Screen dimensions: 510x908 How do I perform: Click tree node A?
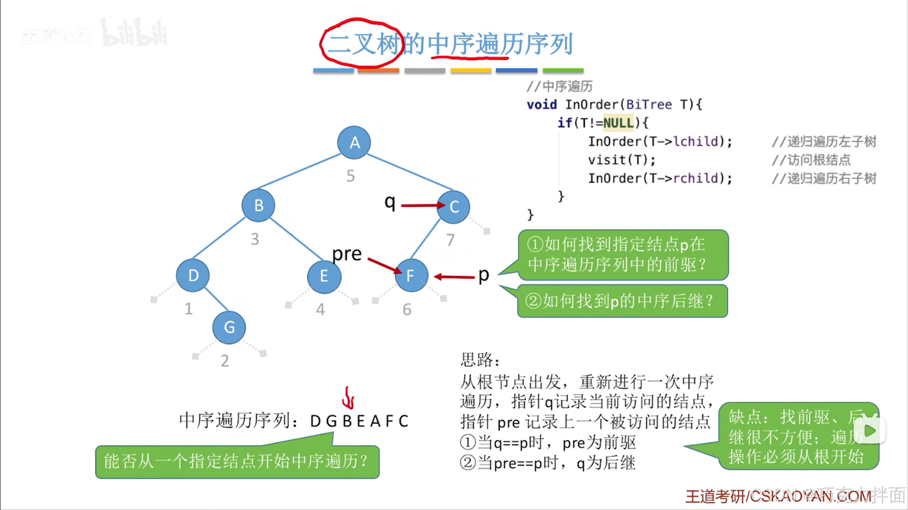[x=354, y=142]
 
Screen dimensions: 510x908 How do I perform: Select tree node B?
[x=258, y=206]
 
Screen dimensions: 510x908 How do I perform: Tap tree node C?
[x=454, y=207]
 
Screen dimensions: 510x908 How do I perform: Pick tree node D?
[x=193, y=275]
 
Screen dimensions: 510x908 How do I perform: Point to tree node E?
[x=324, y=276]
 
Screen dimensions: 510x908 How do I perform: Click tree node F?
[x=411, y=275]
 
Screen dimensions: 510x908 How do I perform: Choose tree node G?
[x=229, y=327]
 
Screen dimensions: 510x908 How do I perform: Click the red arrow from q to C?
[x=421, y=206]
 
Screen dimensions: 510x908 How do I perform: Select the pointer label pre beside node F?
[x=347, y=254]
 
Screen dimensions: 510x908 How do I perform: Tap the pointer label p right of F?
[x=484, y=275]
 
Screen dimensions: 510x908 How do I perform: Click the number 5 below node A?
[x=351, y=176]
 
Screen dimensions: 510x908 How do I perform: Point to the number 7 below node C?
[x=450, y=240]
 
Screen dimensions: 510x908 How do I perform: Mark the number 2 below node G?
[x=225, y=361]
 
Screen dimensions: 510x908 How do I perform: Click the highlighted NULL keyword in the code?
[x=618, y=123]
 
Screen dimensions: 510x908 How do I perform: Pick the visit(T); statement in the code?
[x=622, y=160]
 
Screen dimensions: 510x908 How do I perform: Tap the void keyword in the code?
[x=542, y=104]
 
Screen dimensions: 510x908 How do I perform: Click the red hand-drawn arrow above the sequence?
[x=349, y=398]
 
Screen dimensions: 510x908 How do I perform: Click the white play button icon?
[x=870, y=430]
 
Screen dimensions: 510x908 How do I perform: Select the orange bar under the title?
[x=379, y=71]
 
